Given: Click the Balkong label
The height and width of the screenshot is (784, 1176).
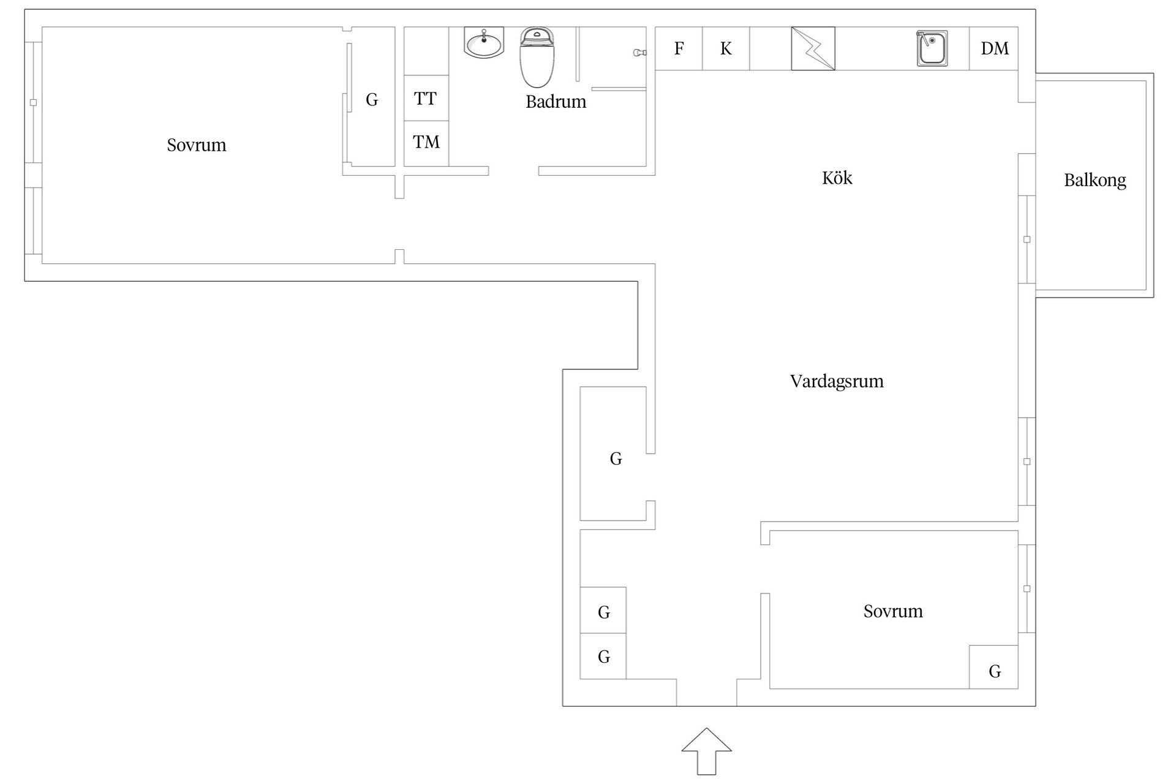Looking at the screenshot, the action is (1095, 180).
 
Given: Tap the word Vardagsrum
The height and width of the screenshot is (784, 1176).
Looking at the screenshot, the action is (837, 381).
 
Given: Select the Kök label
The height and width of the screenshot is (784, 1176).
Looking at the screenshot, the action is (837, 178).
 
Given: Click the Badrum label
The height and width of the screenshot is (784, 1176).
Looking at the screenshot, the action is (556, 102).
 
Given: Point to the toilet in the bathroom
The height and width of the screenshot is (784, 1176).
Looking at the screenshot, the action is (537, 58).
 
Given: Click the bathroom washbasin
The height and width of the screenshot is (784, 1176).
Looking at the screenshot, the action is (484, 43).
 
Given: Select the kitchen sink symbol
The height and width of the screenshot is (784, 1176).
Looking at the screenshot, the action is (932, 48).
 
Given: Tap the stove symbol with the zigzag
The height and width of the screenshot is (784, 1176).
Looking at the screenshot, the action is (813, 48).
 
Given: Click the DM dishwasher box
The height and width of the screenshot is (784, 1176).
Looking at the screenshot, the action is (994, 48).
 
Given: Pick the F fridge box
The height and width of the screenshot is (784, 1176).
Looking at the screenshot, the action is (679, 48).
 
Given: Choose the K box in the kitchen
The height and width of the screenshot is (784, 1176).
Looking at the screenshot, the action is (726, 48).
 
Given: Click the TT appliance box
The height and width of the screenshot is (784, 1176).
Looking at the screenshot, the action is (426, 98).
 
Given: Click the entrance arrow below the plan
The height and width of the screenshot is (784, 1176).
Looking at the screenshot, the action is (707, 752).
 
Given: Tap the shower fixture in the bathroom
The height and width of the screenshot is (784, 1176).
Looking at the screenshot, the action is (639, 53).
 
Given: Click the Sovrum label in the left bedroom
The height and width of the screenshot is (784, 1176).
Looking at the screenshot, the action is (197, 145).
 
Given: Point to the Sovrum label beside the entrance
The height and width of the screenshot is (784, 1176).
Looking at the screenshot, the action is (893, 611).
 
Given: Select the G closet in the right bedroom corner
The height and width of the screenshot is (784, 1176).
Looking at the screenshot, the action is (993, 667).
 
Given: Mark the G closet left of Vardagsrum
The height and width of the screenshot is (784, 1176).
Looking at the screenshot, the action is (613, 454).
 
